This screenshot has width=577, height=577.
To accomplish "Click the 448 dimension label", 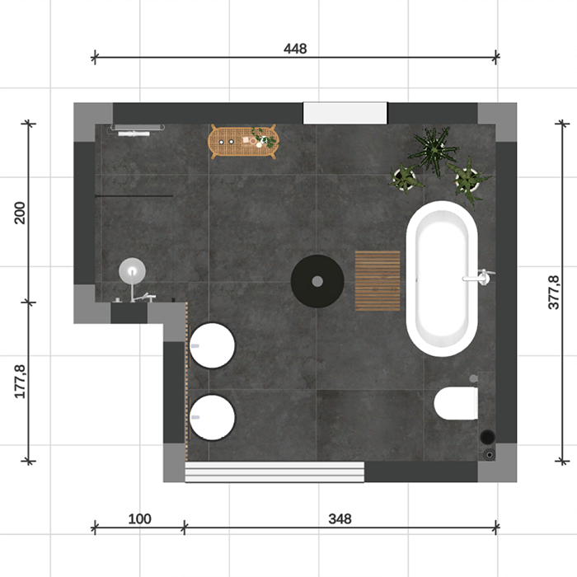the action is coord(295,49).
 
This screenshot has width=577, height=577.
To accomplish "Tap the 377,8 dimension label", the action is coord(554,292).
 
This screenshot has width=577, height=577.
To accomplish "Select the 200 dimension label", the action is coord(20,213).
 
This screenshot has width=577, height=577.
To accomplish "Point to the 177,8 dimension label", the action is coord(20,381).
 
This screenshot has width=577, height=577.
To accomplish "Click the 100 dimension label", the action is coord(139,518).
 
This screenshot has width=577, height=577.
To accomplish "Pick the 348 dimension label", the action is coord(340,518).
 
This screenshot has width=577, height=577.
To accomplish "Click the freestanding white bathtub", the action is coord(442,279).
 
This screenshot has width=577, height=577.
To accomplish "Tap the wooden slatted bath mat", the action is coord(378,281).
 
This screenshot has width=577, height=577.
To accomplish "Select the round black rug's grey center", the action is coord(317,282).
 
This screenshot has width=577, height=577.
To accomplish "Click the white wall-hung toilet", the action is coord(456,403).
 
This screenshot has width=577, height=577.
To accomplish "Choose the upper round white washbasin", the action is coord(212,345).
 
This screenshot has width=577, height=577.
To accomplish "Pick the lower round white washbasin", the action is coord(212,418).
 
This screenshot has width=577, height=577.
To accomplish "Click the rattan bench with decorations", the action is coord(243,142).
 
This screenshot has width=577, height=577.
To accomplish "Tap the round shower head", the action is coord(132,271).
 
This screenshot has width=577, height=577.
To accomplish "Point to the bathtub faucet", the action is coord(479,277).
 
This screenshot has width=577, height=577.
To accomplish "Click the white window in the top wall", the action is coord(345,113).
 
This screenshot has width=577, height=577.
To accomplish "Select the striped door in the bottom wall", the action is coord(274,471).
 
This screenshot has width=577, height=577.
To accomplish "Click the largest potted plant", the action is coord(434,150).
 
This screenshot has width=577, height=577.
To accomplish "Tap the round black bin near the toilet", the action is coord(488,437).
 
